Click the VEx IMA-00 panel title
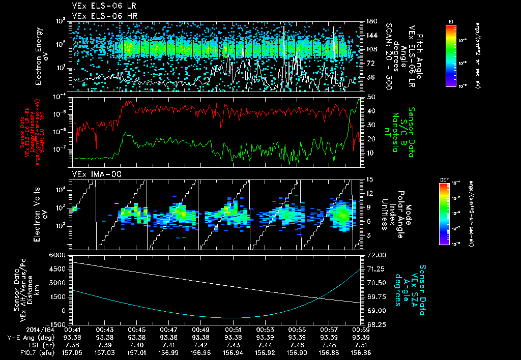click(93, 174)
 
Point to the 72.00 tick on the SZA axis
click(375, 255)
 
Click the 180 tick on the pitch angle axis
click(370, 22)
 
